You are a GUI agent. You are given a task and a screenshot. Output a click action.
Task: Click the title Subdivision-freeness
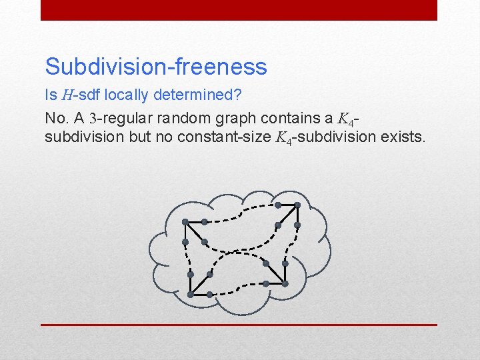[156, 66]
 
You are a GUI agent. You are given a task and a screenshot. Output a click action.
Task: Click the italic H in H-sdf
[67, 95]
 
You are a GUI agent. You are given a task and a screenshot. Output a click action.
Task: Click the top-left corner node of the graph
[185, 221]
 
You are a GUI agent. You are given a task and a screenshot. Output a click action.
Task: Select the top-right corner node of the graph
[297, 205]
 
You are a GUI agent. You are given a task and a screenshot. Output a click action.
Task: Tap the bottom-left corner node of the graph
[191, 294]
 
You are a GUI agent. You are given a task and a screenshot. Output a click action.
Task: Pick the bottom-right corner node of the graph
[285, 284]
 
